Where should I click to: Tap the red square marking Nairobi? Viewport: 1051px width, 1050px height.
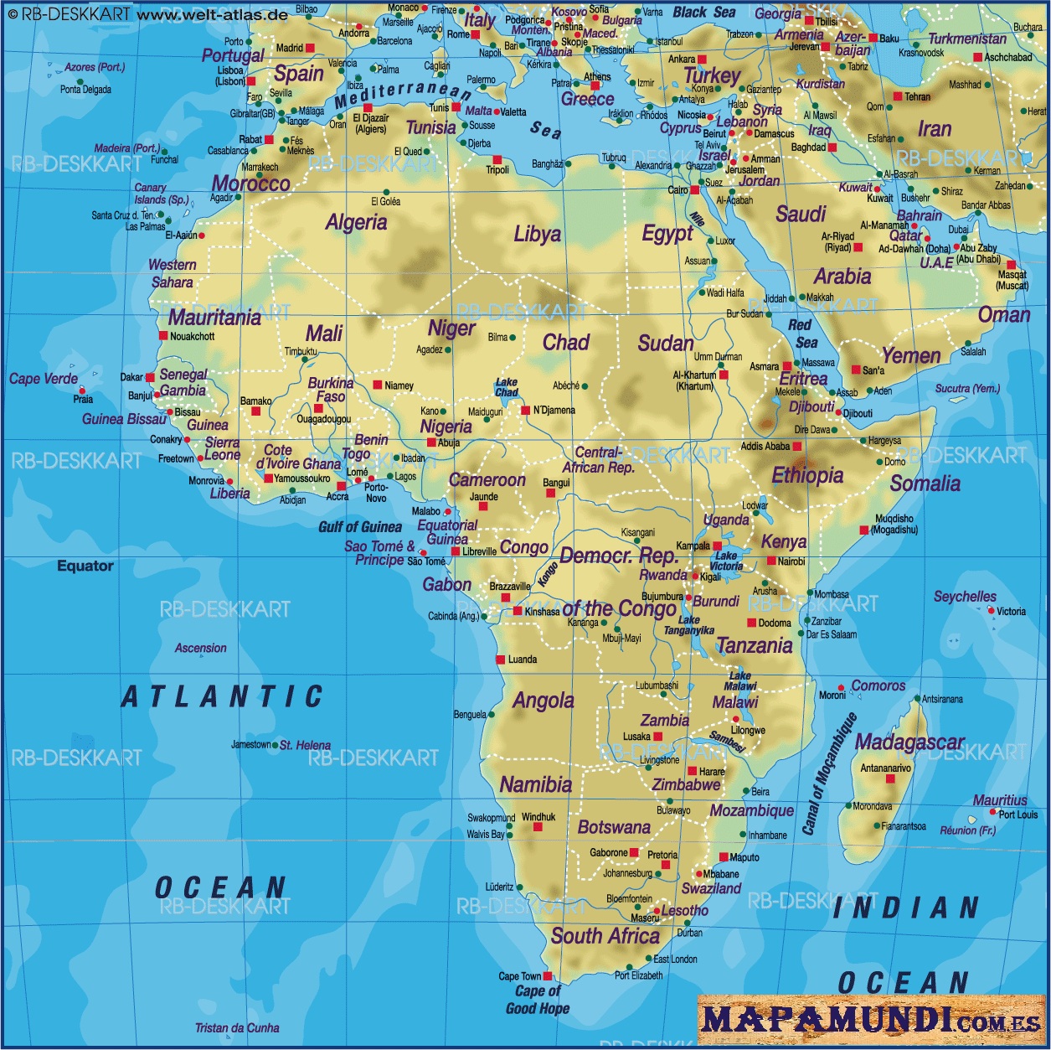771,561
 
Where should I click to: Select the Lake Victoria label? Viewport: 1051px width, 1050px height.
726,561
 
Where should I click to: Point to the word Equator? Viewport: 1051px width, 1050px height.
85,566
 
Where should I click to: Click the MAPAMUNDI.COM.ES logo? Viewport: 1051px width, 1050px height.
870,1019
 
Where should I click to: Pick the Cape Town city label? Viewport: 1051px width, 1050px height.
519,976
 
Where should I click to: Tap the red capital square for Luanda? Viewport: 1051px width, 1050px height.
501,659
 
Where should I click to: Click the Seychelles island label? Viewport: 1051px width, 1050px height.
965,597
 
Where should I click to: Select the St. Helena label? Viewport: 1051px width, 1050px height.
305,745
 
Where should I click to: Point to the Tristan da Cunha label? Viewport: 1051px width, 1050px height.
237,1028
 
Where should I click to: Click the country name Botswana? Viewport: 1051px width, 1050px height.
614,827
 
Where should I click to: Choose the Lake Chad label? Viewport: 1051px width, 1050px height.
507,387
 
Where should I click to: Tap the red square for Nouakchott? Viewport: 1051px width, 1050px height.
163,336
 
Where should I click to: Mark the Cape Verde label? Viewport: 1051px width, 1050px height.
43,379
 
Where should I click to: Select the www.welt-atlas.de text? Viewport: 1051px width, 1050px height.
212,14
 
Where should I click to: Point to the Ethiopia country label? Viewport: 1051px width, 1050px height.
807,475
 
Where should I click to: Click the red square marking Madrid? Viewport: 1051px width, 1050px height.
311,48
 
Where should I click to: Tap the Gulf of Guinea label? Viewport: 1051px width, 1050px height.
360,527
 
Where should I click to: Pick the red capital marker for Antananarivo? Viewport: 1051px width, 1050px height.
890,779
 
